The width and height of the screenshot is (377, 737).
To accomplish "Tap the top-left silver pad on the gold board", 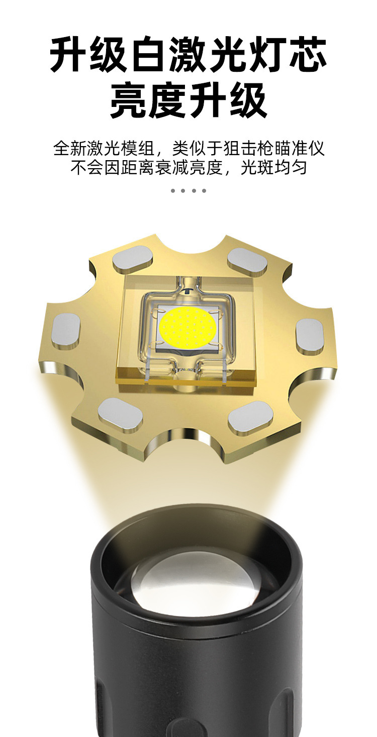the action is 133,260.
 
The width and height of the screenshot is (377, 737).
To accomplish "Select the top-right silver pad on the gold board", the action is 247,262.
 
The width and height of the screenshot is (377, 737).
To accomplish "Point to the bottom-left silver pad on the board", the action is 121,415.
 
